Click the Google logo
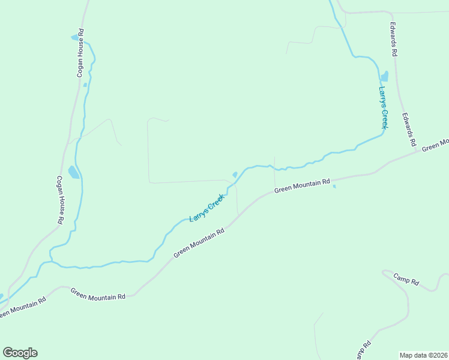coord(20,352)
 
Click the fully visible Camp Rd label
coord(406,279)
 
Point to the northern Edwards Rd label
coord(394,40)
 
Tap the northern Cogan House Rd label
coord(80,53)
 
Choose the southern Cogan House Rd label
coord(60,200)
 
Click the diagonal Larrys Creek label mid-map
coord(207,208)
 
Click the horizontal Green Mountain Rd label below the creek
coord(303,185)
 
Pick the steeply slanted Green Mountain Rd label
coord(199,242)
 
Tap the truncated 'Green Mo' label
coord(435,145)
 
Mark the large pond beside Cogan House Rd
coord(73,172)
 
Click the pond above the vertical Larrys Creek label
coord(384,76)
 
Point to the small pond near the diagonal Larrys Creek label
coord(235,175)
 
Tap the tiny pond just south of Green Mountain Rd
coord(334,186)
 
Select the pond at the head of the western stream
coord(76,37)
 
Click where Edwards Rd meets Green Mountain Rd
coord(418,152)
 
